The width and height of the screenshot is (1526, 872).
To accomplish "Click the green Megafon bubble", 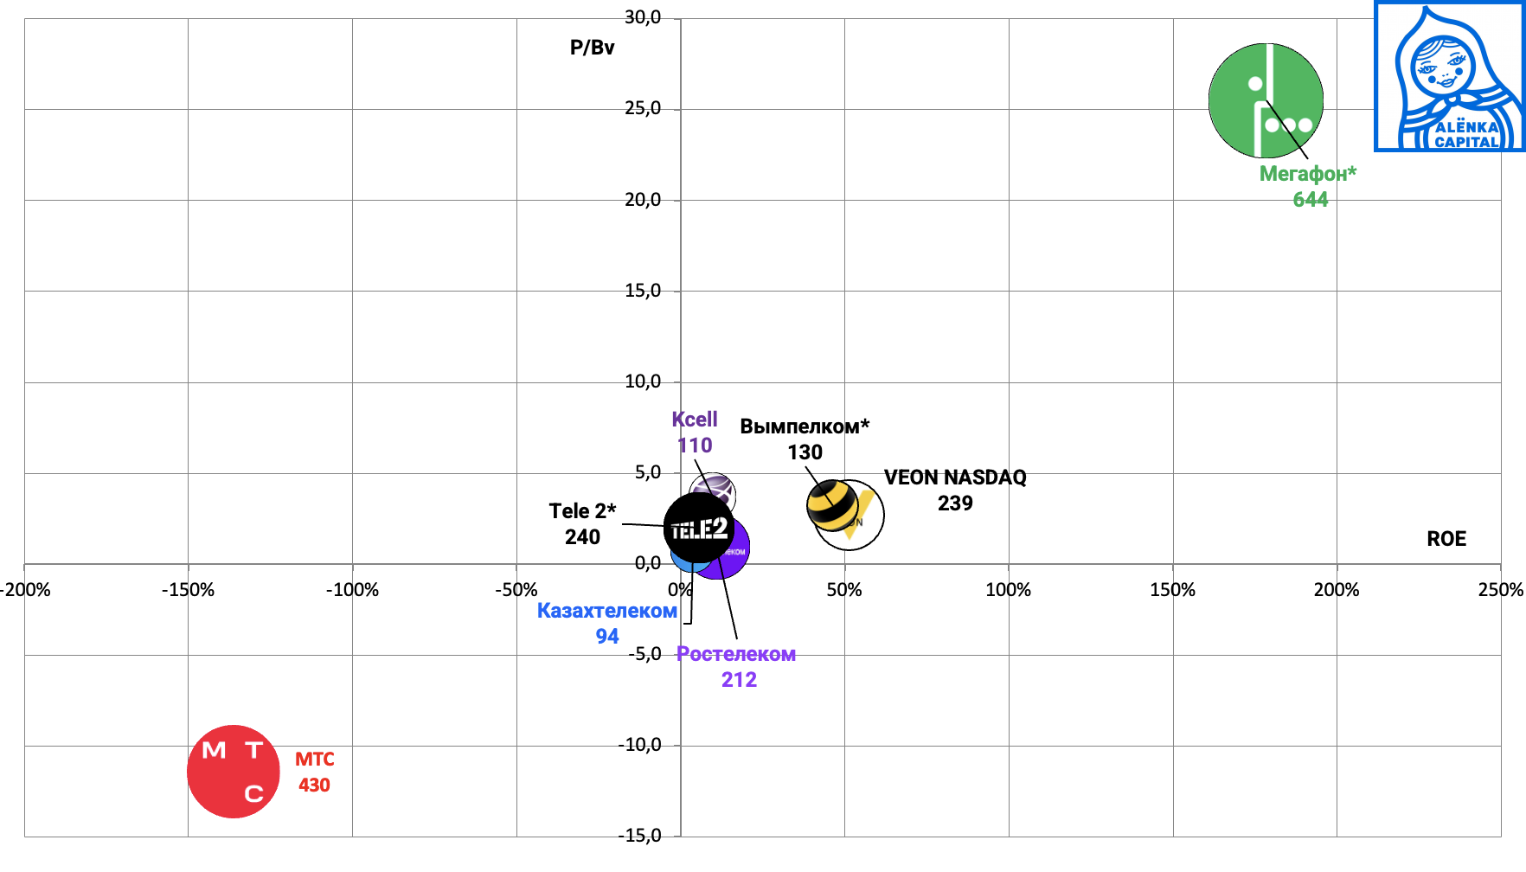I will (x=1266, y=100).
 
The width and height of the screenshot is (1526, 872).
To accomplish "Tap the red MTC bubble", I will (x=234, y=771).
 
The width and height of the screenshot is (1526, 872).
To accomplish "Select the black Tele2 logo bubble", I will (x=698, y=527).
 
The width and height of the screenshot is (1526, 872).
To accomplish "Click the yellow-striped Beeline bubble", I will (x=831, y=505).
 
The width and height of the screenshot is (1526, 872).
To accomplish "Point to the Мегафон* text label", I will (x=1307, y=174).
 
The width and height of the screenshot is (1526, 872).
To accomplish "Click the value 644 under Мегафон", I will (x=1310, y=200).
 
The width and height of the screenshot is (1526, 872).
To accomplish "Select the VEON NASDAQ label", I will (x=955, y=478).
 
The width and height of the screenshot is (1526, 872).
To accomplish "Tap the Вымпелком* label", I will (x=805, y=426).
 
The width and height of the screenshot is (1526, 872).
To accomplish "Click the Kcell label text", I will (x=695, y=420).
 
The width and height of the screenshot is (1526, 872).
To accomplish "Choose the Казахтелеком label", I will (x=606, y=611).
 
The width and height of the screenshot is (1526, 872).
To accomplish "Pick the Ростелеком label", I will (x=736, y=654).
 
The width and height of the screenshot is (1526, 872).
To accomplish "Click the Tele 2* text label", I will (x=582, y=511).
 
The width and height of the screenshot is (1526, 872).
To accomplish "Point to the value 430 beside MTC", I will (x=314, y=785).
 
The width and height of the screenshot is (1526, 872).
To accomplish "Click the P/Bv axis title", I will (x=592, y=48).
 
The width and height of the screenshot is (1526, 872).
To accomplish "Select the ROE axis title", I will (x=1446, y=539).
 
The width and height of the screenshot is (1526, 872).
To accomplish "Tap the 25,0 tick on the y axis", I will (x=643, y=109).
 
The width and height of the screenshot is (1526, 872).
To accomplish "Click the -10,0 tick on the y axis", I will (x=640, y=745).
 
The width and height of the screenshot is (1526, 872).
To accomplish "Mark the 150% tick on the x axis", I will (x=1172, y=590).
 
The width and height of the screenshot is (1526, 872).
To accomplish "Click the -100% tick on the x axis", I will (x=352, y=590).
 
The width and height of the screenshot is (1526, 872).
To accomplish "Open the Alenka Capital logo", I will (x=1449, y=76).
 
